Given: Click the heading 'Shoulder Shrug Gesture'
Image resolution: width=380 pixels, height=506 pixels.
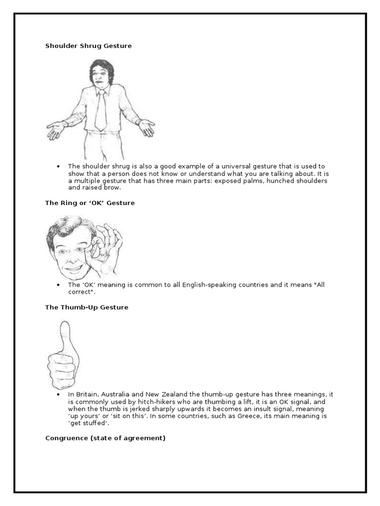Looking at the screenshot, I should pyautogui.click(x=88, y=46).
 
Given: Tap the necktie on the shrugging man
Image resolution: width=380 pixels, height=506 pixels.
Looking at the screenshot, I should pyautogui.click(x=101, y=111).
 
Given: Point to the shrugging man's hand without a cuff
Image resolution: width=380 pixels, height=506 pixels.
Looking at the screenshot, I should pyautogui.click(x=146, y=127).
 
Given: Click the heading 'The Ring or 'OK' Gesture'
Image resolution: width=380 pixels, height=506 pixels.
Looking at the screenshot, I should pyautogui.click(x=90, y=203).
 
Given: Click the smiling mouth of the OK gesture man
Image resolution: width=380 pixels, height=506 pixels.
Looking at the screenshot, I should pyautogui.click(x=73, y=268).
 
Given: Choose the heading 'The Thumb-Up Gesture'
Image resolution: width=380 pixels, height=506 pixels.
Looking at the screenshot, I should pyautogui.click(x=87, y=307).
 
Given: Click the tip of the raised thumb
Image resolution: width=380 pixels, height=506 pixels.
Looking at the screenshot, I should pyautogui.click(x=64, y=326).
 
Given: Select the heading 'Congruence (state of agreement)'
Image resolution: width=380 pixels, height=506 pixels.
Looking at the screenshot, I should pyautogui.click(x=105, y=438).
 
